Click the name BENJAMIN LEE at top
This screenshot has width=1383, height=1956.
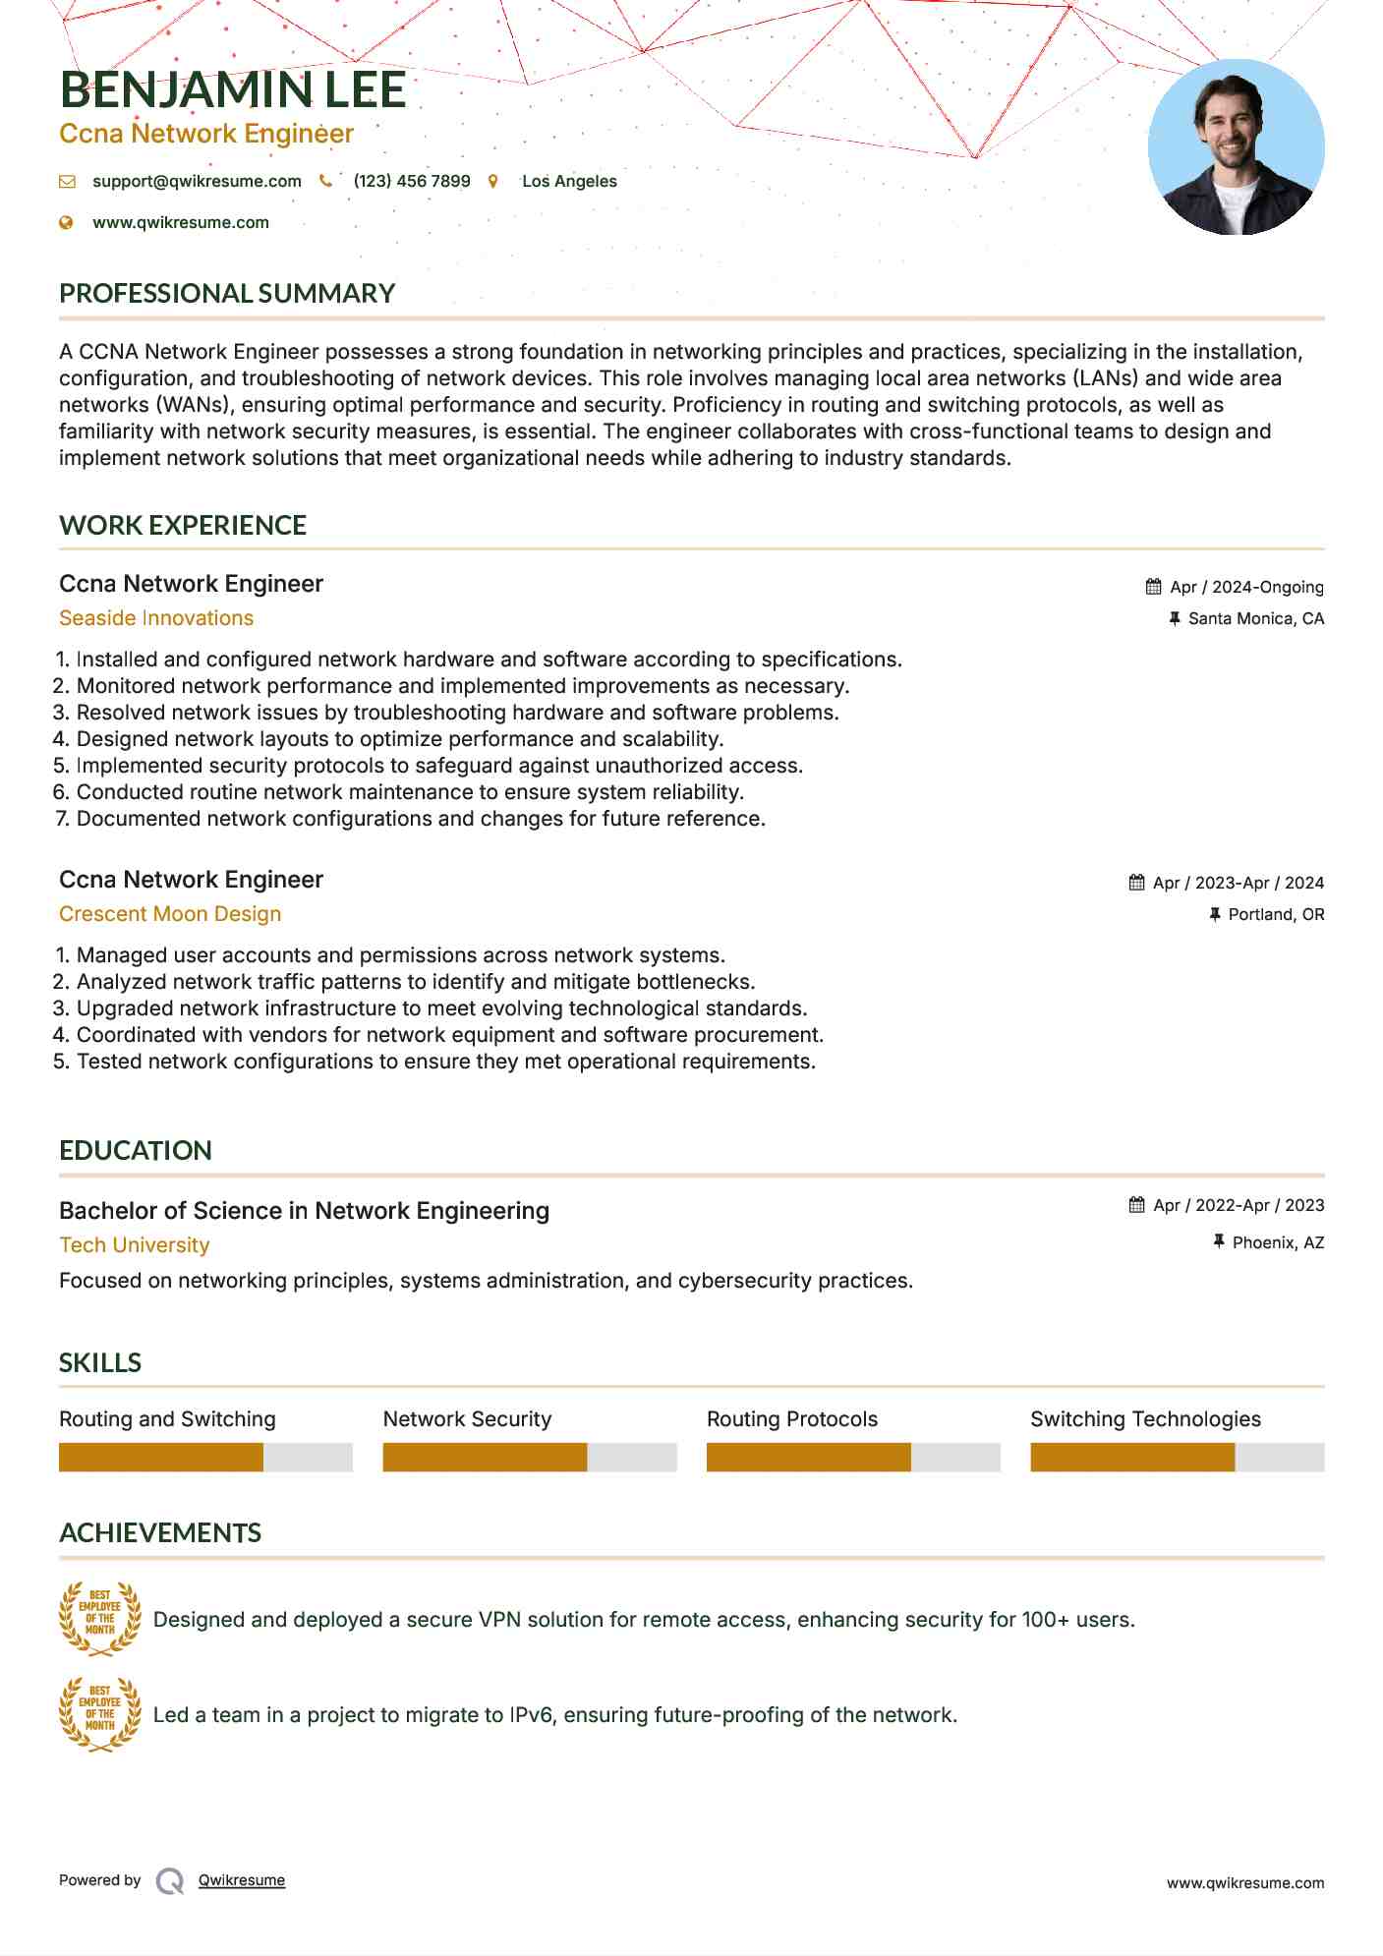(233, 90)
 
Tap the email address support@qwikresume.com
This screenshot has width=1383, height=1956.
(197, 181)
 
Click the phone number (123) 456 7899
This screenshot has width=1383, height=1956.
(411, 181)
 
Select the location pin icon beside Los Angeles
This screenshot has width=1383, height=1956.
(492, 181)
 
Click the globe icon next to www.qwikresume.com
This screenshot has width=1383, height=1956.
(66, 222)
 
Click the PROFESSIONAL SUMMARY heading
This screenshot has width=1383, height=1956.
(227, 293)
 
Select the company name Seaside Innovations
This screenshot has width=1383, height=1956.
(156, 618)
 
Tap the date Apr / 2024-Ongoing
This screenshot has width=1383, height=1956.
(1246, 587)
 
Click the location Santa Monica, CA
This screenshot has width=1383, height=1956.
(1255, 618)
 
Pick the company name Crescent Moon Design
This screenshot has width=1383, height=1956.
(170, 914)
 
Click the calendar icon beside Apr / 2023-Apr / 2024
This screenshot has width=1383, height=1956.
(1136, 883)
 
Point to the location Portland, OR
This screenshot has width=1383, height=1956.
(1276, 914)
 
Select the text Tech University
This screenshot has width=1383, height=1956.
(135, 1245)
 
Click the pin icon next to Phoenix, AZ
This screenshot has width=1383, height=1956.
(1219, 1242)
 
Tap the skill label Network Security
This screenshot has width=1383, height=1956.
(467, 1419)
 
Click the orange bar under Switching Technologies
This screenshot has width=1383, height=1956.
(1132, 1457)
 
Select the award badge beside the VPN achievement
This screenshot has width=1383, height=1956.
(99, 1619)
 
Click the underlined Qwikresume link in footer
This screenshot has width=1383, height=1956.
(242, 1880)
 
